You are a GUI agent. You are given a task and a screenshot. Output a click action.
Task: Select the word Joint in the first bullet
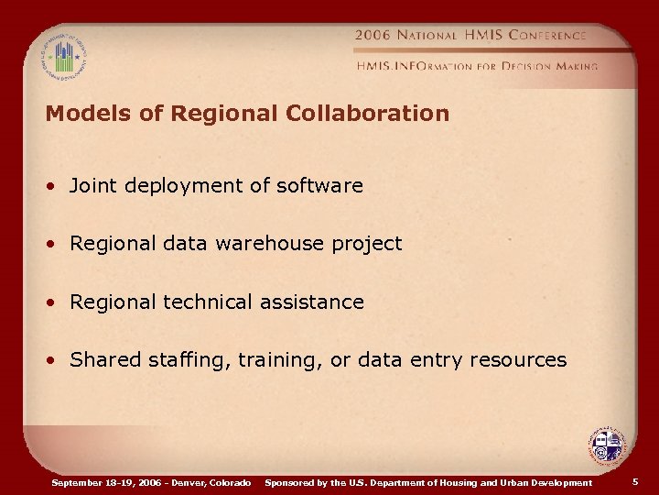point(93,186)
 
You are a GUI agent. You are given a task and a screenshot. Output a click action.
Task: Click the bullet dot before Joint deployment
point(56,187)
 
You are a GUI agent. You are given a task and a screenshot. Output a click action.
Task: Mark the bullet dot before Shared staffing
point(56,361)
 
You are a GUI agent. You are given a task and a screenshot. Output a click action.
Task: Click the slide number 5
point(635,481)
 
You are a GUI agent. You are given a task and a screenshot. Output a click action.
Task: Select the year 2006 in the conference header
point(373,35)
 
